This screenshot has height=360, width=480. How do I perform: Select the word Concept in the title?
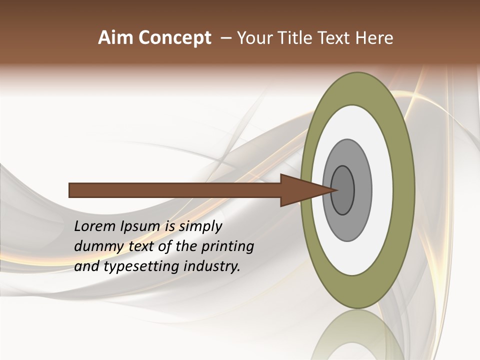174,38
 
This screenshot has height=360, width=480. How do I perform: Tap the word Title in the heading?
292,38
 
